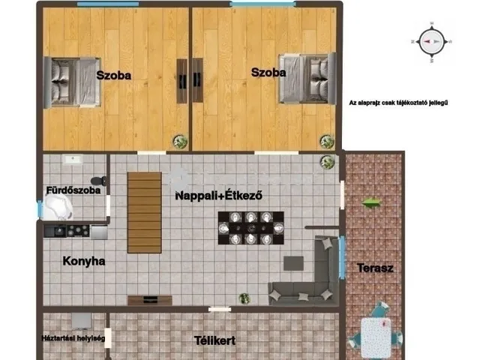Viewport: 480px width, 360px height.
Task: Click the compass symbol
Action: pyautogui.click(x=430, y=42)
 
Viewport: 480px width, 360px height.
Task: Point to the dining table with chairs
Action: pyautogui.click(x=250, y=228)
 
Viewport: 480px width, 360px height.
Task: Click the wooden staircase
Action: pyautogui.click(x=144, y=212)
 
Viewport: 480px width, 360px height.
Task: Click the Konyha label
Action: pyautogui.click(x=84, y=262)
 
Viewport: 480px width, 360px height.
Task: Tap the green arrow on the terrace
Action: pyautogui.click(x=371, y=202)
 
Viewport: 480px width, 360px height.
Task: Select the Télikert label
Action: pyautogui.click(x=214, y=340)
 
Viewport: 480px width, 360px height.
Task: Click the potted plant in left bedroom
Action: pyautogui.click(x=179, y=139)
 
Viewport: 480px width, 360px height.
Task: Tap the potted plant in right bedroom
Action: pyautogui.click(x=325, y=140)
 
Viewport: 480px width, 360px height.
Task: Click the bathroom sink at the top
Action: pyautogui.click(x=73, y=160)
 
